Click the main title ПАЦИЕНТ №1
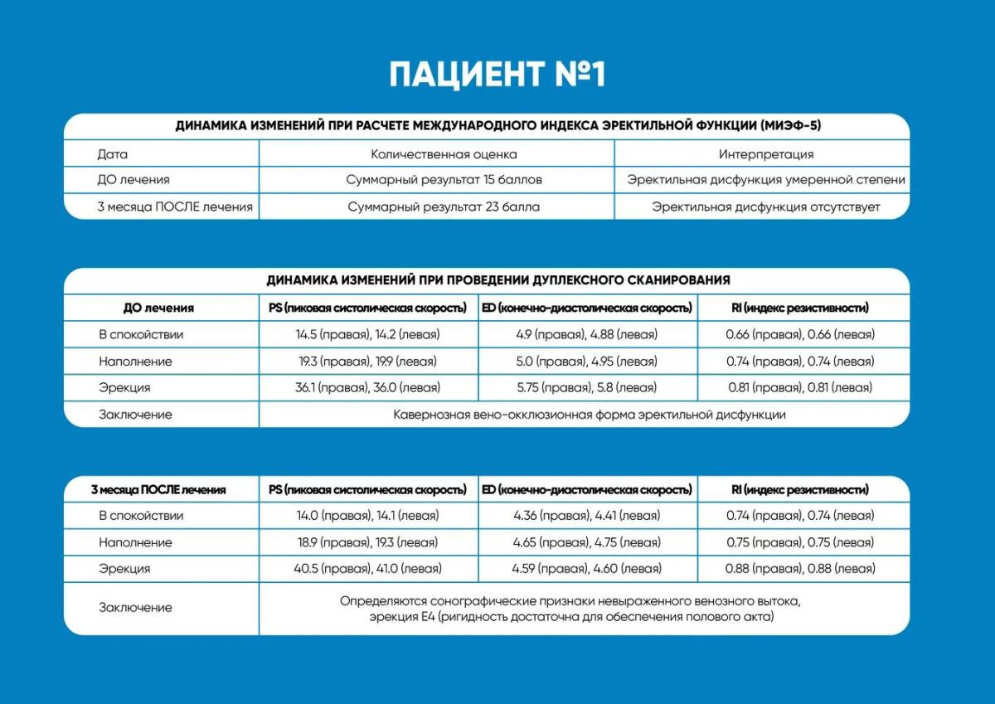[498, 74]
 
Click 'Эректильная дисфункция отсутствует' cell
[765, 206]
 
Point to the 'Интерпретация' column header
[765, 154]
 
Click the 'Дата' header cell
[113, 154]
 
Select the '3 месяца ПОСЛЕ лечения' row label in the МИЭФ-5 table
[175, 206]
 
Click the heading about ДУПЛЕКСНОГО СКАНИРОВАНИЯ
[498, 280]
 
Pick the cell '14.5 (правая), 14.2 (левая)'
[367, 335]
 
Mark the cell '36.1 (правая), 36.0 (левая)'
[367, 387]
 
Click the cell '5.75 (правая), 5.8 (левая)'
[586, 387]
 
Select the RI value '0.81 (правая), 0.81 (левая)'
[800, 387]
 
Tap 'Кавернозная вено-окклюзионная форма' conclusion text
[589, 414]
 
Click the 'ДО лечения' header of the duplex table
[158, 308]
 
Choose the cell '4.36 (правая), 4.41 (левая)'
[586, 516]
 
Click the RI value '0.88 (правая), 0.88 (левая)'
[800, 569]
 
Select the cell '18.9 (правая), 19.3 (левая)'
[367, 542]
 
